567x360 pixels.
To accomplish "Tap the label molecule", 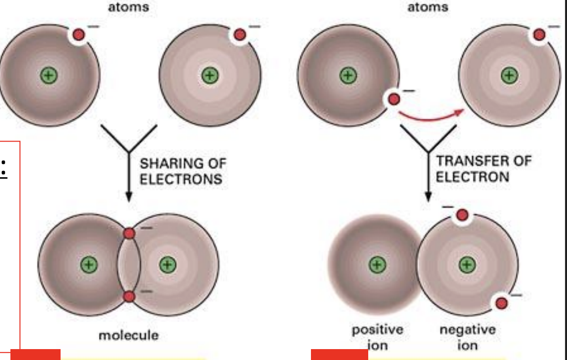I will [x=128, y=335].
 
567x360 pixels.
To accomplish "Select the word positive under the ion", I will [x=377, y=330].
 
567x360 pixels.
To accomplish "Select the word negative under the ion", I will [x=468, y=330].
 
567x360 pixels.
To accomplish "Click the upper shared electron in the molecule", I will [x=129, y=233].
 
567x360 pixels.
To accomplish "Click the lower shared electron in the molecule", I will [x=129, y=297].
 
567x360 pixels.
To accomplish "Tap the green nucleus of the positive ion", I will [x=377, y=264].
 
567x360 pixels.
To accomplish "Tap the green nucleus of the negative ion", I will [x=467, y=264].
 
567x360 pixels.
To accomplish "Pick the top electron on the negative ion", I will [x=462, y=216].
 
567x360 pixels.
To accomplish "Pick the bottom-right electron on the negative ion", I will [x=502, y=302].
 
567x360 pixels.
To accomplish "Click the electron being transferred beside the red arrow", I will [x=394, y=99].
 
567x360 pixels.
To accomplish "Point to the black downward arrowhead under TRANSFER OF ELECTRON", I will [x=428, y=196].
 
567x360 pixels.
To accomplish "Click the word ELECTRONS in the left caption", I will [x=181, y=179].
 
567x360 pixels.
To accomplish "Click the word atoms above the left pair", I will [x=128, y=7].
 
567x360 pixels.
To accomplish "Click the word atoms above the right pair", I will [x=428, y=7].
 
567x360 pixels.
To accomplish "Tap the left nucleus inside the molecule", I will [x=88, y=264].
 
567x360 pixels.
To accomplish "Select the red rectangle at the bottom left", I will [x=35, y=354].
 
